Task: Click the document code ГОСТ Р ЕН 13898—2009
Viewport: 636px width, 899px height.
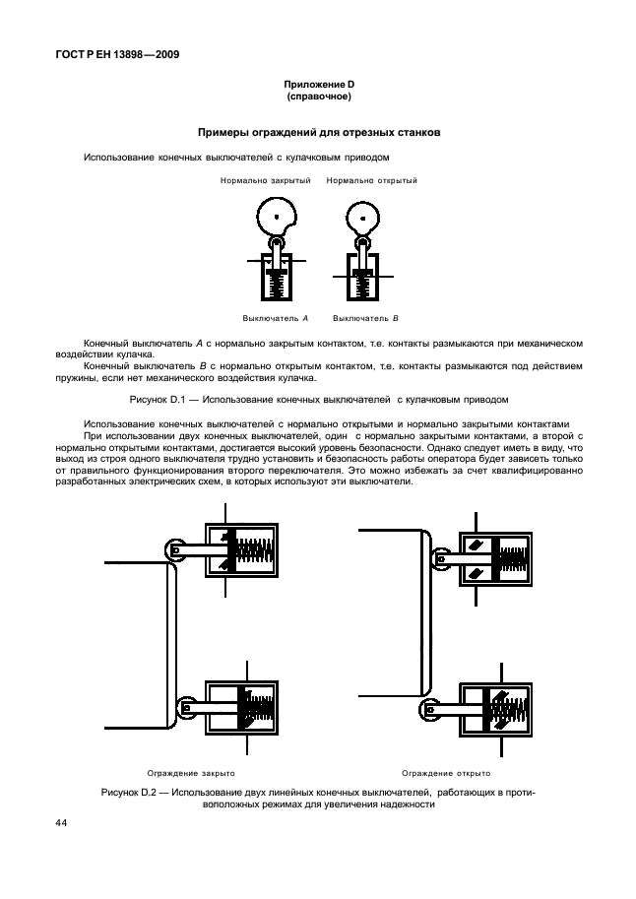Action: [x=110, y=55]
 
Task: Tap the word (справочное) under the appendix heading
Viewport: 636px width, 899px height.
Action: [x=319, y=98]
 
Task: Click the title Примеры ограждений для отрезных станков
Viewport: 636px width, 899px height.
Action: [x=319, y=132]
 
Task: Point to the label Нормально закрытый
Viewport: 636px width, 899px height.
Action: [x=266, y=181]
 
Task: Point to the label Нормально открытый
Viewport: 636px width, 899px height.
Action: [x=371, y=181]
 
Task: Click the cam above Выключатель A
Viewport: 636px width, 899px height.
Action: [x=277, y=215]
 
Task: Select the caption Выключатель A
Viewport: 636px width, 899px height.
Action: [x=276, y=318]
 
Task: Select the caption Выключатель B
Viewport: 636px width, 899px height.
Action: [x=365, y=318]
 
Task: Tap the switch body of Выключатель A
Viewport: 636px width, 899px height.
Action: [x=277, y=278]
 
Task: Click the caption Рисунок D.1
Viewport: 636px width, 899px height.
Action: [x=319, y=400]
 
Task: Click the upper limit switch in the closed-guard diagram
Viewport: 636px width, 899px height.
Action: [x=241, y=549]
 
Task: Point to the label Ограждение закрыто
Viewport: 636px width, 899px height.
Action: [x=191, y=774]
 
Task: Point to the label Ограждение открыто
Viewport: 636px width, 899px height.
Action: [x=445, y=774]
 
